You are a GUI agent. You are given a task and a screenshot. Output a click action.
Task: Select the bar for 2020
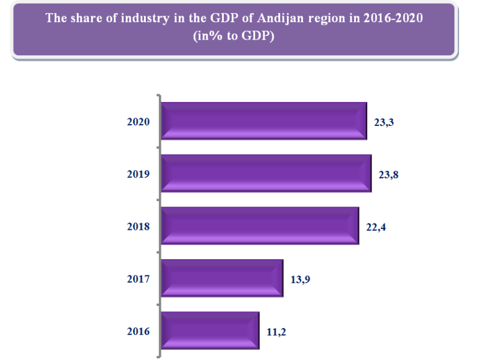click(264, 121)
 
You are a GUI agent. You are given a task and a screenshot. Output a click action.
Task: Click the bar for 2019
click(266, 173)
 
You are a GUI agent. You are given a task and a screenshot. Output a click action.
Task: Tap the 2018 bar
click(260, 226)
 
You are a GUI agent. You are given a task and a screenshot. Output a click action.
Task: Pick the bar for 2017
click(222, 278)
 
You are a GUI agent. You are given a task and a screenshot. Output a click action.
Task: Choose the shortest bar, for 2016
click(210, 330)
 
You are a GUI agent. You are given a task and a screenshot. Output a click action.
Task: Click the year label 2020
click(139, 122)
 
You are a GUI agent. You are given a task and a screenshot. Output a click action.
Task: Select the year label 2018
click(139, 226)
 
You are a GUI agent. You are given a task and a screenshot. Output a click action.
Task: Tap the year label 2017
click(139, 278)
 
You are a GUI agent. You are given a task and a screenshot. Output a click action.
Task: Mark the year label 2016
click(139, 331)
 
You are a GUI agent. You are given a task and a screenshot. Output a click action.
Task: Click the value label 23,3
click(386, 122)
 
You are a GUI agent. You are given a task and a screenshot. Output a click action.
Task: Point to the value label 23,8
click(391, 174)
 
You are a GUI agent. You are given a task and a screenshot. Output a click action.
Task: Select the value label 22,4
click(378, 226)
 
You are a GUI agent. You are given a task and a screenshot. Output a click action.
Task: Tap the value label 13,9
click(302, 278)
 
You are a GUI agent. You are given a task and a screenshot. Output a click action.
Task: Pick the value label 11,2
click(278, 331)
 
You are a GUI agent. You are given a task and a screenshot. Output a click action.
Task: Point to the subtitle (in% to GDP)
click(234, 35)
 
